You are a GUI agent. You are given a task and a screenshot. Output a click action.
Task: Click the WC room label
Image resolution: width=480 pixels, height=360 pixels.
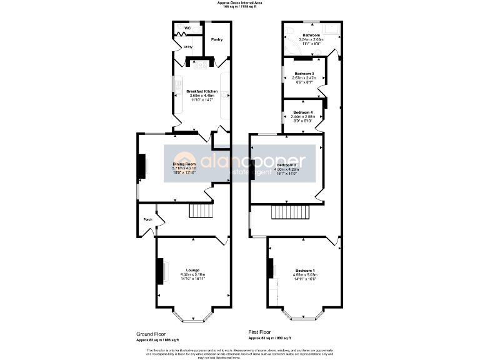[187, 28]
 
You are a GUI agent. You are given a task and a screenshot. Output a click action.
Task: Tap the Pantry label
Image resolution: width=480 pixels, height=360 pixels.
[217, 39]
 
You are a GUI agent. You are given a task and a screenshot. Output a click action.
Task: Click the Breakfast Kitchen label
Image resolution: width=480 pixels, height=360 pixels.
[202, 91]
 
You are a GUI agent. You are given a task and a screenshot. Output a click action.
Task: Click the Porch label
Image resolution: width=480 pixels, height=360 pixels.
[148, 219]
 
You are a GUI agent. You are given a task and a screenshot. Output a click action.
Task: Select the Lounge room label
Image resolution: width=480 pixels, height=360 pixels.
[192, 270]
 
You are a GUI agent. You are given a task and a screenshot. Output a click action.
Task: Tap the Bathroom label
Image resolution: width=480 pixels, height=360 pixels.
[311, 35]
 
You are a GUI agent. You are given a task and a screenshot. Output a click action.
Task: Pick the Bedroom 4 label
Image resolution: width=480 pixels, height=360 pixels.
[303, 112]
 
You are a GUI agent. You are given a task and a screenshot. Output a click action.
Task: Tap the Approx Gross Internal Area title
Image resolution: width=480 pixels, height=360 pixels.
[240, 2]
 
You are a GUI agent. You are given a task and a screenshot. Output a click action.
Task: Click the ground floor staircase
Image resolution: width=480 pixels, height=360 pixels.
[201, 211]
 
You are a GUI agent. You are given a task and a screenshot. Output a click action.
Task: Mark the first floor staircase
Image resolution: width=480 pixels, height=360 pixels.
[291, 213]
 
